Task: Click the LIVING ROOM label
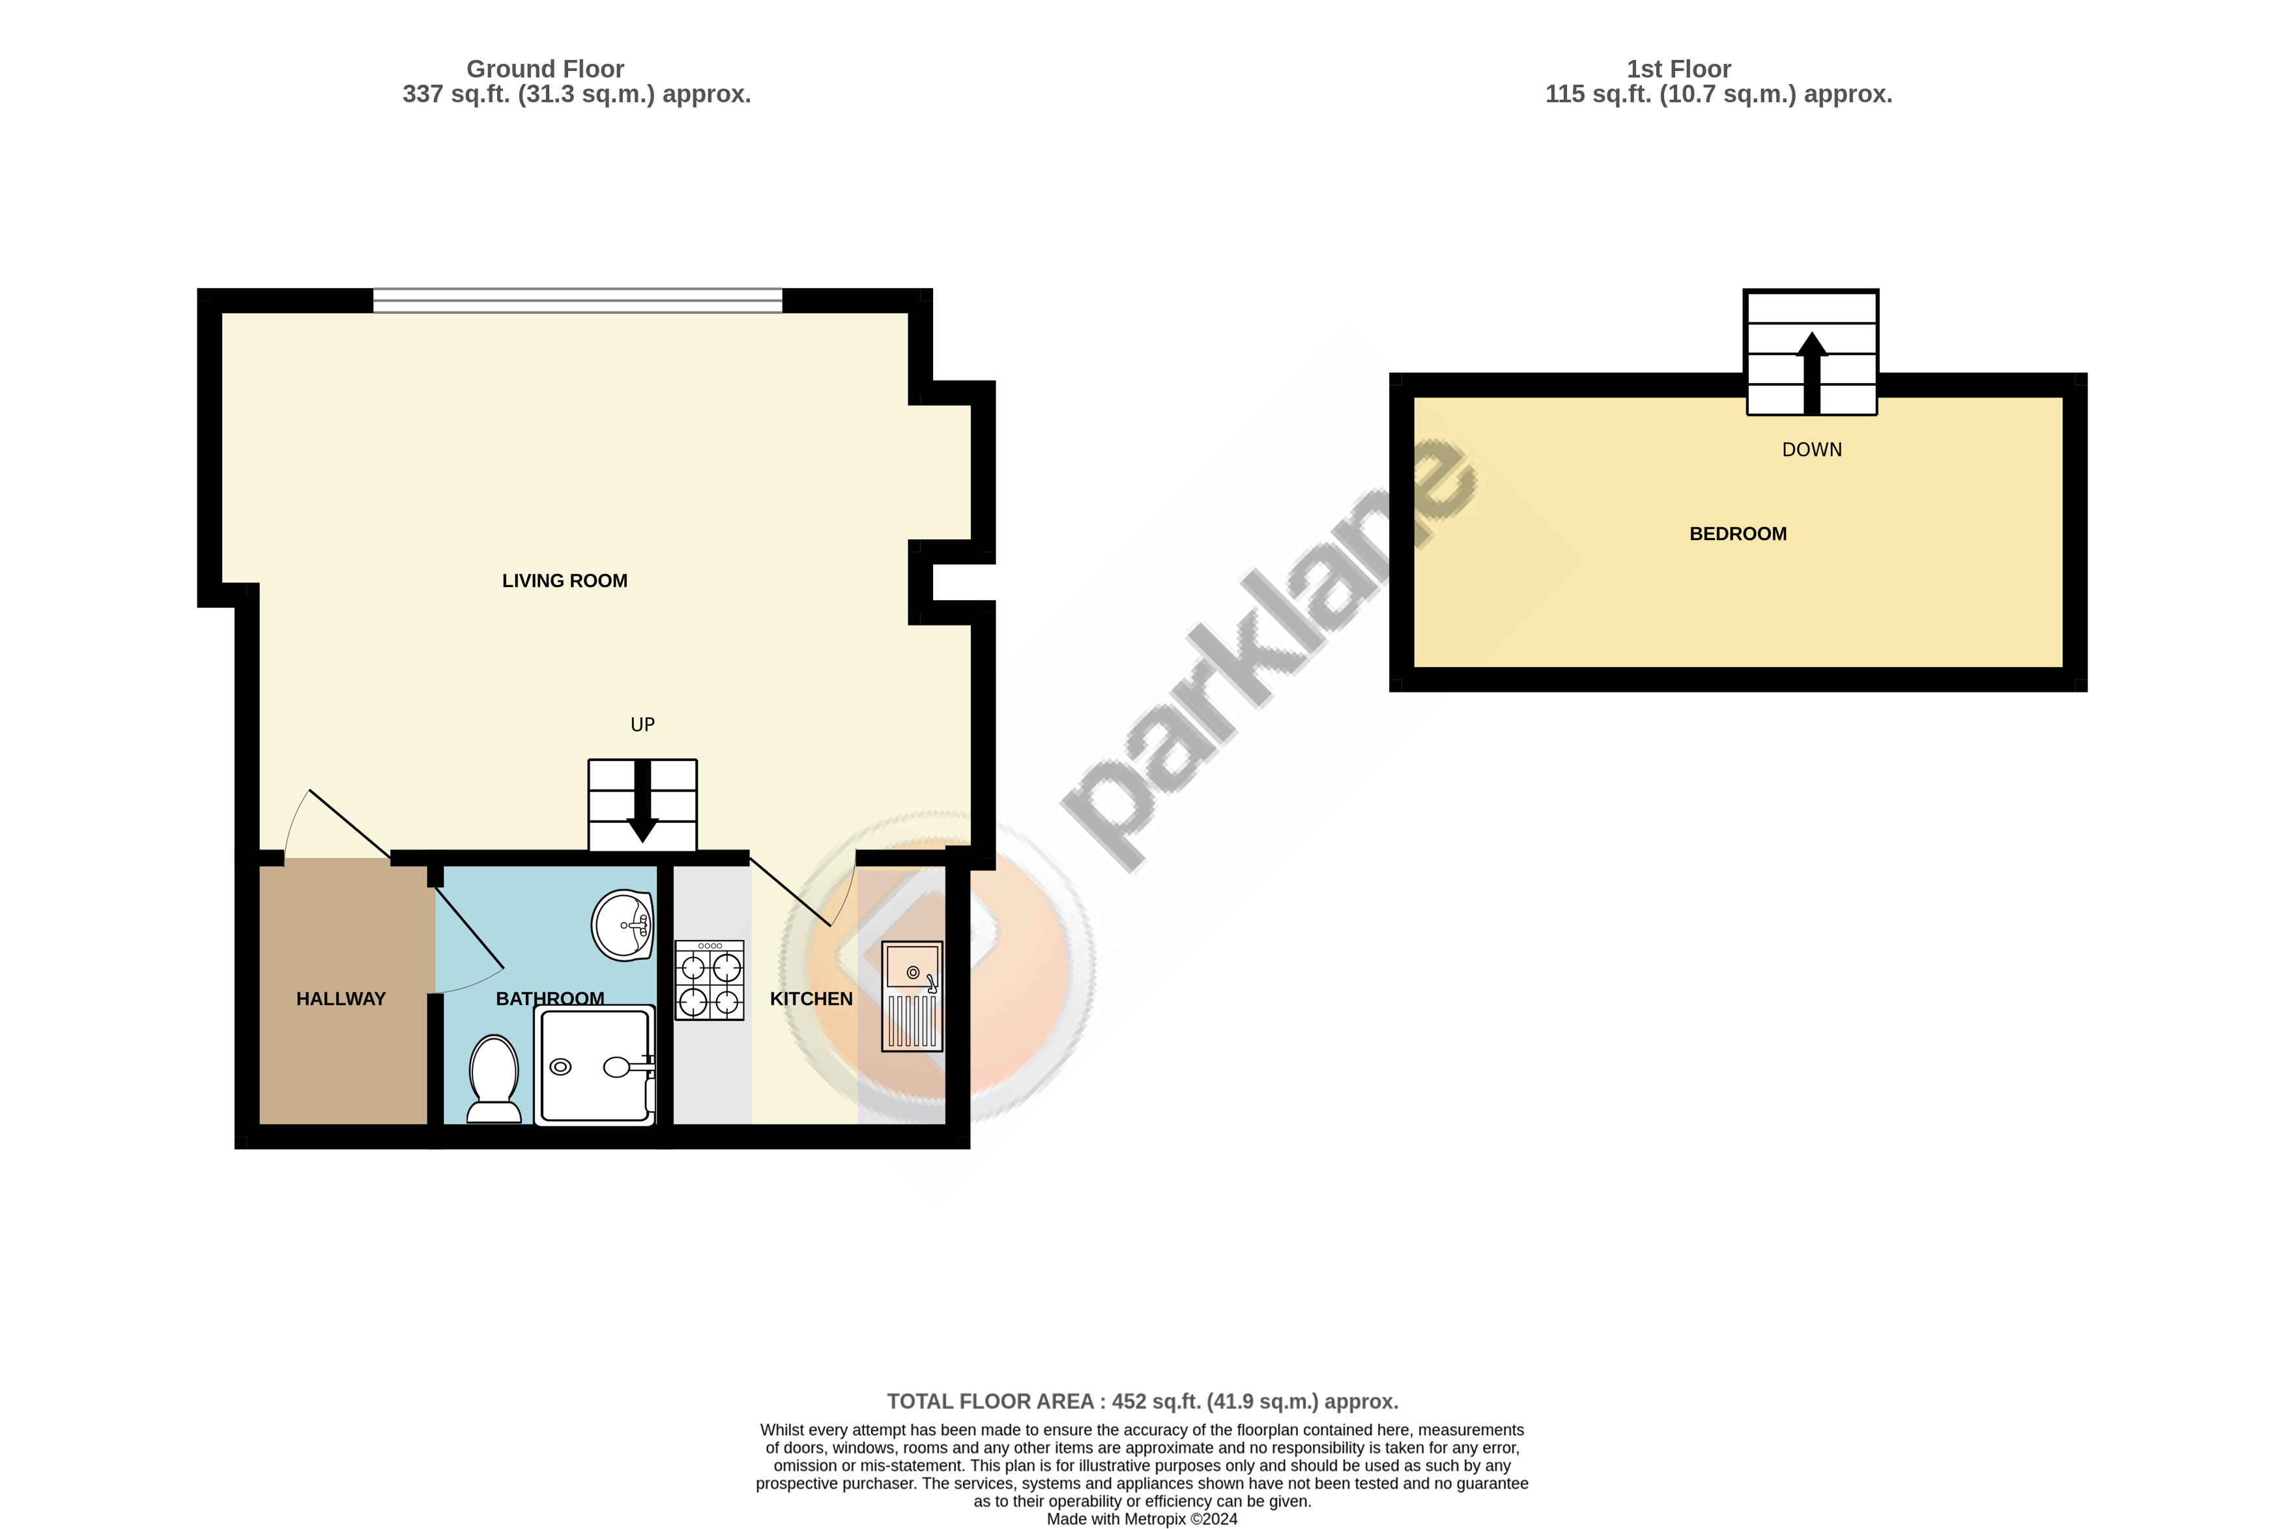click(565, 581)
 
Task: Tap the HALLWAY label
click(341, 999)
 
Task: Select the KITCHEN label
click(811, 999)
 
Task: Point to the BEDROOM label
click(1738, 534)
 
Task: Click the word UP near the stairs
click(642, 724)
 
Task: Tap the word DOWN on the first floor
click(1812, 450)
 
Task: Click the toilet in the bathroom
click(495, 1078)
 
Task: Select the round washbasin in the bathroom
click(622, 924)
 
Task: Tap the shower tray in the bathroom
click(595, 1065)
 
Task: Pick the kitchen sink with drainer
click(913, 995)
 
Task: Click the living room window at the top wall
click(577, 300)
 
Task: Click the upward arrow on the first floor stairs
click(1812, 373)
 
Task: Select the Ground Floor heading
click(545, 69)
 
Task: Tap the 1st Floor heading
click(1678, 69)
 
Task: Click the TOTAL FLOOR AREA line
click(1142, 1401)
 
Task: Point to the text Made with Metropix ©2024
click(1142, 1519)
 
